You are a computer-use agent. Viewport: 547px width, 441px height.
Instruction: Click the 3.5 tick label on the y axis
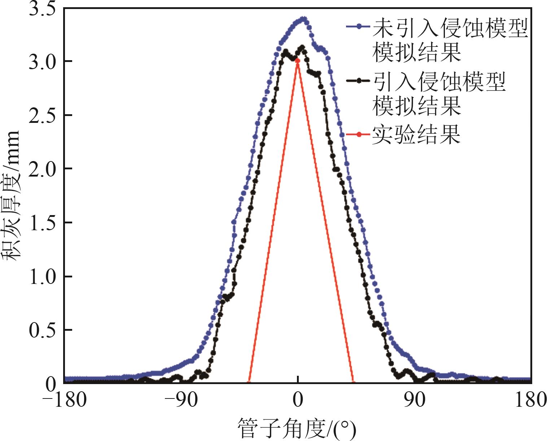coord(43,9)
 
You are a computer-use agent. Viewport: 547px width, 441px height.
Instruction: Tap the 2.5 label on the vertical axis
coord(43,116)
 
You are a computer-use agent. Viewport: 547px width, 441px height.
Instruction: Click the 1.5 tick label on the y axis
coord(43,223)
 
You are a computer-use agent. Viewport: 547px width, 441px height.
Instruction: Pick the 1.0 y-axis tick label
coord(43,277)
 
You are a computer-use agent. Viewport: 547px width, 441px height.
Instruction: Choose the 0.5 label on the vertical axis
coord(43,330)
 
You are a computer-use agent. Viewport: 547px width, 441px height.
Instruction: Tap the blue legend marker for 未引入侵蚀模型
coord(358,26)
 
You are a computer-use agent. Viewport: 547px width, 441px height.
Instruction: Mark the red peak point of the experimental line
coord(297,61)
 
